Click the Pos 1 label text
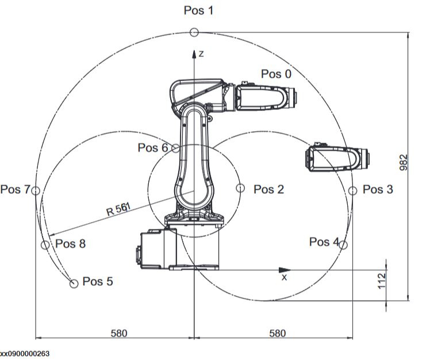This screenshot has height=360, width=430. tap(198, 10)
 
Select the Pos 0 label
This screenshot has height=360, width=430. tap(276, 74)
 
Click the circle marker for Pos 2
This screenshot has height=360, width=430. tap(240, 188)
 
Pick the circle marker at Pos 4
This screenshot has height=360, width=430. tap(343, 244)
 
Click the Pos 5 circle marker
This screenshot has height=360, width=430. tap(74, 284)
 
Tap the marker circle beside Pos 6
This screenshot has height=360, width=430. tap(176, 148)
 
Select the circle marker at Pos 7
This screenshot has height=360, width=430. tap(36, 190)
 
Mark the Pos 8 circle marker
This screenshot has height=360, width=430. tap(45, 245)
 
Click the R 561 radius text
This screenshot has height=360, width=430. tap(119, 208)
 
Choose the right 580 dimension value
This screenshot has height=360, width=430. tap(277, 333)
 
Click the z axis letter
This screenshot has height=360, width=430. tap(202, 53)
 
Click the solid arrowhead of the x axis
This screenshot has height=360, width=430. tap(284, 269)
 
